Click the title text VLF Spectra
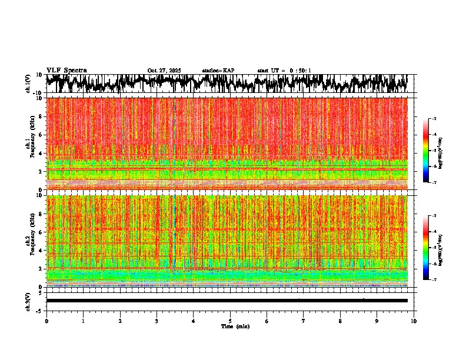coord(66,71)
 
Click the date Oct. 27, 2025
coord(164,71)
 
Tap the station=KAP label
coord(218,71)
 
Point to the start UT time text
coord(284,71)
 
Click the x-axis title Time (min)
coord(235,326)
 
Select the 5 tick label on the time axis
coord(230,321)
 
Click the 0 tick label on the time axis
coord(46,321)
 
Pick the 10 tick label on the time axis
coord(414,321)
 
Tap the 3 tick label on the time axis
coord(157,321)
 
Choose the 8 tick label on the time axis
coord(340,321)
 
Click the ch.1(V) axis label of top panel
coord(29,84)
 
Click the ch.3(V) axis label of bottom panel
coord(29,301)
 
